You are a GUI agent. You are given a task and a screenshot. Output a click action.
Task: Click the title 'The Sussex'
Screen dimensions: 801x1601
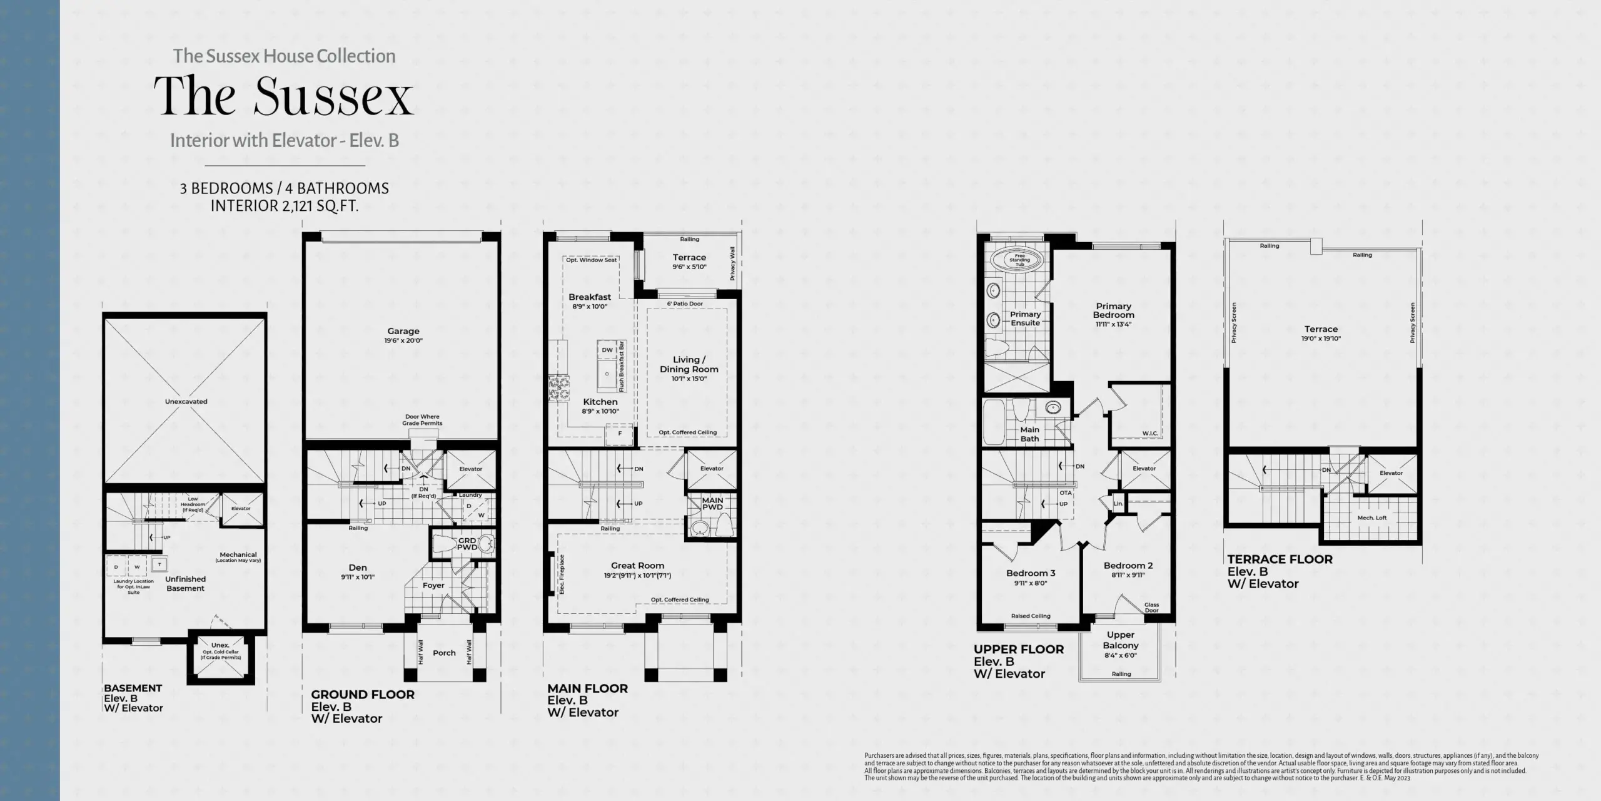[284, 96]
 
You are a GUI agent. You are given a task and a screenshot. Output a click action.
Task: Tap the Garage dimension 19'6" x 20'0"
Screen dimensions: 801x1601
[403, 341]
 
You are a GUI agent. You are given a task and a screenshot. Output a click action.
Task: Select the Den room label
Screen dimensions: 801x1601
[358, 568]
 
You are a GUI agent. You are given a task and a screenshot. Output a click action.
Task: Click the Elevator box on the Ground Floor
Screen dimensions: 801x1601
[470, 469]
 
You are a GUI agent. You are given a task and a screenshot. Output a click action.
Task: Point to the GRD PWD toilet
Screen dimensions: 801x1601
[446, 544]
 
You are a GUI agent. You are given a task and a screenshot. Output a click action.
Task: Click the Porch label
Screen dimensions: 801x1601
[444, 653]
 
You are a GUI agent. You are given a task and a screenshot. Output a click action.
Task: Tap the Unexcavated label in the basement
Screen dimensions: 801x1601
[186, 402]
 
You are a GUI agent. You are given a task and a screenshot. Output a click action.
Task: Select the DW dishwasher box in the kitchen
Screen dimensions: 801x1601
[607, 350]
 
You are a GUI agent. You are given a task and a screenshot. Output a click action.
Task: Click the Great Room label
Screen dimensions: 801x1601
[637, 565]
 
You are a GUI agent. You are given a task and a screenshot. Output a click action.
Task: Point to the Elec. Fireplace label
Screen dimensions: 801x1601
[562, 574]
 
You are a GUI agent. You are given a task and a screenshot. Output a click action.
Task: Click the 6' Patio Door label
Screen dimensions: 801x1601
[685, 304]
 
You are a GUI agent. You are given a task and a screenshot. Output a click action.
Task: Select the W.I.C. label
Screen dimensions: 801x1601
[1150, 433]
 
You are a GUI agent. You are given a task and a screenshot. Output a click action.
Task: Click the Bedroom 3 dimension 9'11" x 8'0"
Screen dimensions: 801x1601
[1031, 583]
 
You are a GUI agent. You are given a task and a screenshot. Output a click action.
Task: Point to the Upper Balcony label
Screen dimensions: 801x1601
[1120, 640]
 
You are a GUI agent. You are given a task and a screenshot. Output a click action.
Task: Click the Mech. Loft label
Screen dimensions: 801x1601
[1372, 518]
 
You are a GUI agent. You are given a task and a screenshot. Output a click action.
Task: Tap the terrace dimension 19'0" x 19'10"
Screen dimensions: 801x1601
[1321, 339]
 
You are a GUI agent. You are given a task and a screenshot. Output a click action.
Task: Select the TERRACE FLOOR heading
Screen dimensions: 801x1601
[1280, 559]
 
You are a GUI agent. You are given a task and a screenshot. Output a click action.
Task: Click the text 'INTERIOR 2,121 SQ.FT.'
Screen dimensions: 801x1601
[285, 206]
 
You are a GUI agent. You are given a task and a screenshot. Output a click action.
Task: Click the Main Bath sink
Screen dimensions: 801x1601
[1054, 408]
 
